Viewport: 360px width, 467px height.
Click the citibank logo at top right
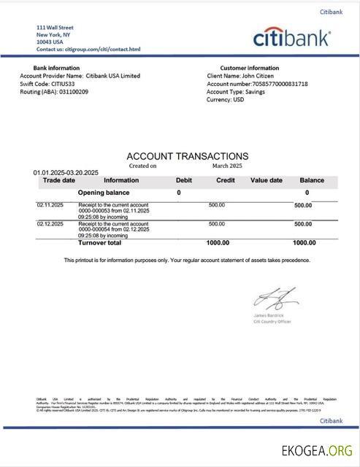tap(291, 39)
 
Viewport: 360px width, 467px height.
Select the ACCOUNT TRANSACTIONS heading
tap(187, 156)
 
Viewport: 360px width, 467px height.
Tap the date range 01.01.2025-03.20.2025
tap(66, 173)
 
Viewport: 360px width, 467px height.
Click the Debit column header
tap(184, 180)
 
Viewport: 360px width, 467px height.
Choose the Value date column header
tap(266, 180)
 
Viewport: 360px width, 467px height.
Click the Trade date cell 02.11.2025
tap(50, 205)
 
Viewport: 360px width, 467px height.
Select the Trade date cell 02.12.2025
tap(50, 224)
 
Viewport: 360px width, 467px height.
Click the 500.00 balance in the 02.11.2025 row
tap(303, 206)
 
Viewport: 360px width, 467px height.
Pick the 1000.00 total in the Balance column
tap(304, 243)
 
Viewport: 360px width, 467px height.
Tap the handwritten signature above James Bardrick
tap(275, 298)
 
